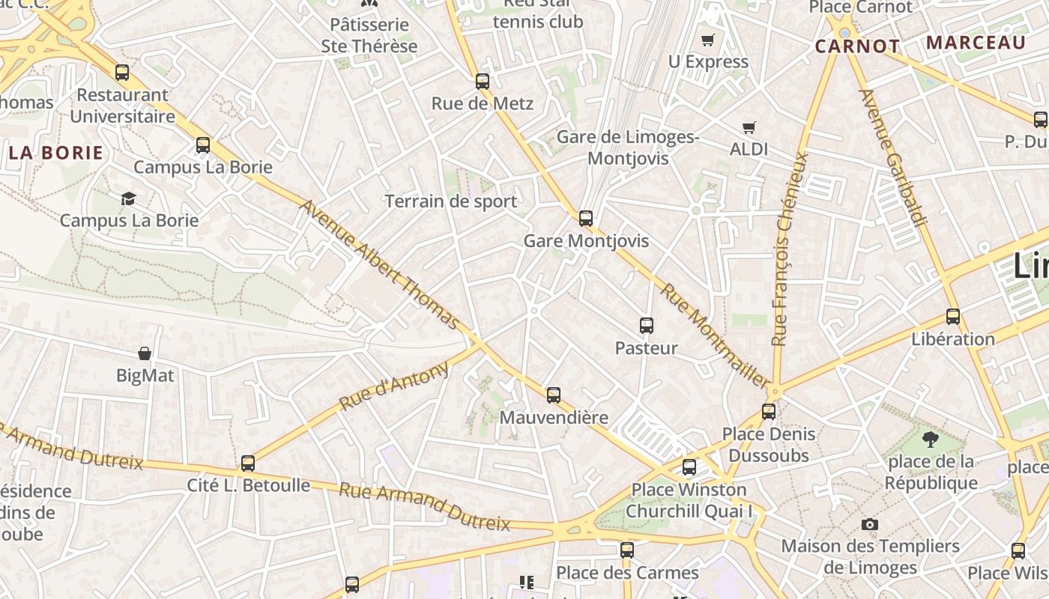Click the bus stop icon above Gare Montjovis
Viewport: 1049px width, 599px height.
click(x=586, y=219)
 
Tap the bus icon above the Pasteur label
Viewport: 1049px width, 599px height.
click(x=647, y=326)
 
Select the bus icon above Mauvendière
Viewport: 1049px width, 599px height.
click(x=554, y=395)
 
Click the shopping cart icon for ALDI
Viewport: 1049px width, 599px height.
click(x=749, y=127)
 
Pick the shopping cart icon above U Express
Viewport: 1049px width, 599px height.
click(x=708, y=40)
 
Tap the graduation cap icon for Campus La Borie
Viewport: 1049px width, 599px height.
click(x=129, y=198)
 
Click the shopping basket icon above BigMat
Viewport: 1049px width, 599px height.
click(x=145, y=353)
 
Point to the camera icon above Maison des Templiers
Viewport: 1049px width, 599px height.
click(x=870, y=524)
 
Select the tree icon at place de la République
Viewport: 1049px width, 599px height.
click(x=931, y=440)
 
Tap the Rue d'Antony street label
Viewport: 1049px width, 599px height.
click(x=393, y=386)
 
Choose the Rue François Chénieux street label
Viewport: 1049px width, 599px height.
click(x=790, y=249)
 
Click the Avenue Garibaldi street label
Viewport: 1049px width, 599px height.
click(x=893, y=157)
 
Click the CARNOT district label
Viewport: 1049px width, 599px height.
click(x=857, y=46)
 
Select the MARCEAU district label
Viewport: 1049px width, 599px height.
click(x=976, y=42)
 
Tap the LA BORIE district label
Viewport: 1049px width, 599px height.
click(x=56, y=153)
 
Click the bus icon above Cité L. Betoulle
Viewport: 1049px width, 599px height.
click(x=248, y=463)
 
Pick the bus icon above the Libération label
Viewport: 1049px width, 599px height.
click(x=953, y=317)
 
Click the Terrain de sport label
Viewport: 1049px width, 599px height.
click(x=450, y=201)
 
